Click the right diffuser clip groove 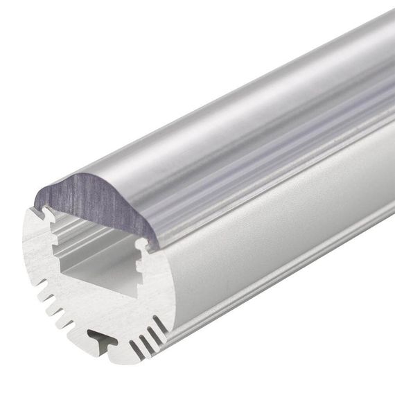tap(141, 244)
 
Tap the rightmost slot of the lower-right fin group tap(161, 325)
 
